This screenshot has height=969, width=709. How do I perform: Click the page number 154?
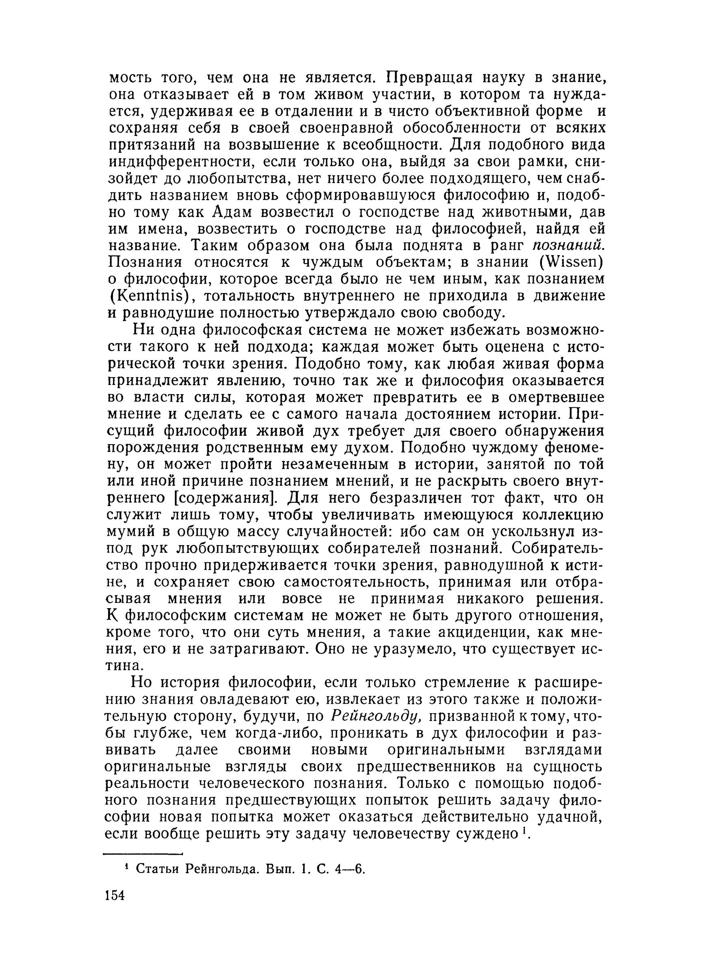pyautogui.click(x=114, y=894)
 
